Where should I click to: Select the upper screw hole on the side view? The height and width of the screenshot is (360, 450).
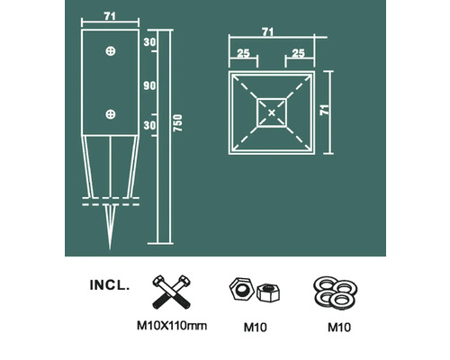click(110, 49)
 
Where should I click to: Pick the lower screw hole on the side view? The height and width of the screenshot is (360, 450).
click(110, 113)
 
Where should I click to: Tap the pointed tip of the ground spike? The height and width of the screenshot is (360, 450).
click(110, 248)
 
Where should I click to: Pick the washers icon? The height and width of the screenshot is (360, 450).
click(337, 291)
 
